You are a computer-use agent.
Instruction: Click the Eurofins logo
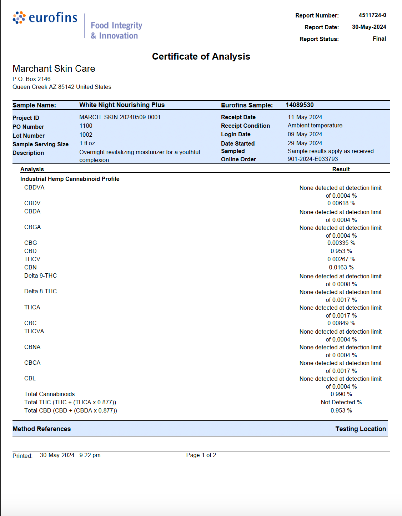(45, 18)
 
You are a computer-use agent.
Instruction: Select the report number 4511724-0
(372, 15)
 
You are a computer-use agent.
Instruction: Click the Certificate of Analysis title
(201, 56)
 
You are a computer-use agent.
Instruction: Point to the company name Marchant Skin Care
(54, 69)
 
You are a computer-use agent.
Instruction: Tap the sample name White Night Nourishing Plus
(122, 105)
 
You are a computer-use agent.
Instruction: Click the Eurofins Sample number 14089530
(300, 105)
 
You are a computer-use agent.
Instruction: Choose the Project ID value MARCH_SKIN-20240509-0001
(120, 117)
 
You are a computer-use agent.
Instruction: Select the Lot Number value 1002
(86, 135)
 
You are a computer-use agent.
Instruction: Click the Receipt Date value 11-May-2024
(305, 117)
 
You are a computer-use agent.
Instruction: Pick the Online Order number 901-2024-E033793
(313, 159)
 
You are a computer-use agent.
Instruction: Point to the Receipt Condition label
(245, 126)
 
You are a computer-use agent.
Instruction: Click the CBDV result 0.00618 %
(341, 203)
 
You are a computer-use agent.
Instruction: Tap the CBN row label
(30, 267)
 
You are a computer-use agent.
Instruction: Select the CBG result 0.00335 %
(341, 243)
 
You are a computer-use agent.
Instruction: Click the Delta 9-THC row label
(40, 275)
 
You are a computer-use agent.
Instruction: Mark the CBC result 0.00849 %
(341, 323)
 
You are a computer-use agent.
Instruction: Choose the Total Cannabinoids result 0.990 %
(341, 394)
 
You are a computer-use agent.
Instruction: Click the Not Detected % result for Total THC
(341, 402)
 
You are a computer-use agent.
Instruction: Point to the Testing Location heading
(361, 429)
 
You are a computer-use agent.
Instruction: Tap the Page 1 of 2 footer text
(201, 455)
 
